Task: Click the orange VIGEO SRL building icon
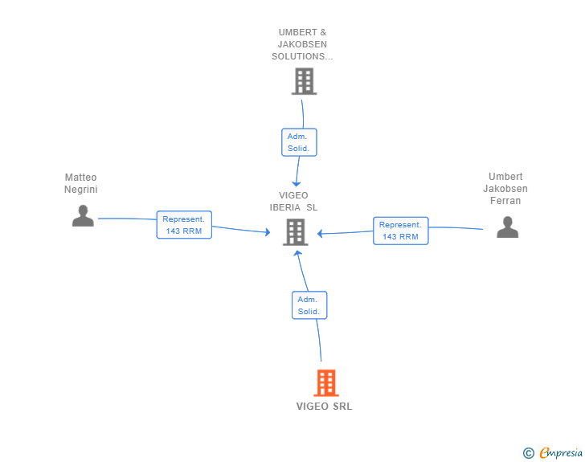point(325,383)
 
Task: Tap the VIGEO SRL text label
point(324,407)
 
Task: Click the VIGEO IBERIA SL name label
point(293,201)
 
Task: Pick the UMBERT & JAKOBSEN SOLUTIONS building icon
point(303,81)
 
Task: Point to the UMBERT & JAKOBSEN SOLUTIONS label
point(303,45)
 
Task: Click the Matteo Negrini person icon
point(83,215)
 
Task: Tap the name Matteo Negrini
point(80,183)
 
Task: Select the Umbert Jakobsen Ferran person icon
point(507,227)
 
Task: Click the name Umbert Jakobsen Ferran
point(505,189)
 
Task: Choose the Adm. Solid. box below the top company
point(299,142)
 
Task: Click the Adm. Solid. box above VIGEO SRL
point(309,305)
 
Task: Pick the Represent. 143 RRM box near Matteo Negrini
point(184,225)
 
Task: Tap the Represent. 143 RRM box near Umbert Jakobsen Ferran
point(400,231)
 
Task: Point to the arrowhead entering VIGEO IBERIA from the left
point(267,233)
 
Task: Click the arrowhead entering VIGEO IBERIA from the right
point(320,234)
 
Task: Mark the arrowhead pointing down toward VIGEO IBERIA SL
point(297,183)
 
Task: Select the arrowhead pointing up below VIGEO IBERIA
point(297,253)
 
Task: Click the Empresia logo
point(561,453)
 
